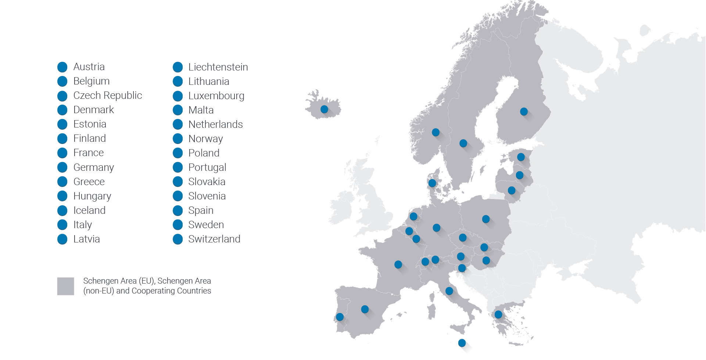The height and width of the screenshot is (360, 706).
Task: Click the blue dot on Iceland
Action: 324,109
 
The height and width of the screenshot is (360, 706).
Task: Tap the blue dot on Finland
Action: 524,111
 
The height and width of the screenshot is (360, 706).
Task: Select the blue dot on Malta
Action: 462,343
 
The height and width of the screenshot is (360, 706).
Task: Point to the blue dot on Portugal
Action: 340,317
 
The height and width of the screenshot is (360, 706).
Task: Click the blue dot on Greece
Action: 498,314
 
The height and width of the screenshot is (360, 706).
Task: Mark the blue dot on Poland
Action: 486,219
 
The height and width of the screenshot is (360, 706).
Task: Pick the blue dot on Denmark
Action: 432,183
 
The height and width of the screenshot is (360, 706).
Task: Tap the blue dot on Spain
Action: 365,309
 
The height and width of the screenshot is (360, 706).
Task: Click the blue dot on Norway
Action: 436,132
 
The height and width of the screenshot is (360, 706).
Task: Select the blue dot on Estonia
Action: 521,157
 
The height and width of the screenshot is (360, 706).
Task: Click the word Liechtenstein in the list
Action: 218,67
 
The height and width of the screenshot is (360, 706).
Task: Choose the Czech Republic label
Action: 107,96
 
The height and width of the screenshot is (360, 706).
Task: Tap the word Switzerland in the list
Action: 214,239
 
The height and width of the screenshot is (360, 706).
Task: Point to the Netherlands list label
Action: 215,125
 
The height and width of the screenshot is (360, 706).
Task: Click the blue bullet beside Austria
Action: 62,67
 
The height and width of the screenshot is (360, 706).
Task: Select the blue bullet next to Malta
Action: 178,110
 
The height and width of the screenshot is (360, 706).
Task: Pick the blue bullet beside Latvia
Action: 62,239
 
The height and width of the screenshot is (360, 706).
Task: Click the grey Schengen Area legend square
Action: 65,286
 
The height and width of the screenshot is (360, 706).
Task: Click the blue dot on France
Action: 398,264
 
